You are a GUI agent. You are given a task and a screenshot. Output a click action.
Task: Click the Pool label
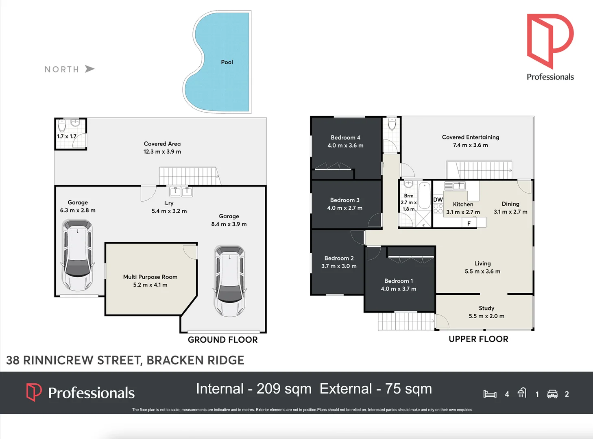coord(227,62)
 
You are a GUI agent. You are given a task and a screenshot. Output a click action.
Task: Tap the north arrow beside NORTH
coord(89,69)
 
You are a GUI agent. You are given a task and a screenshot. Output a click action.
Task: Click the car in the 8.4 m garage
coord(230,280)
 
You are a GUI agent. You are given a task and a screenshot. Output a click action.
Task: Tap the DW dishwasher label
coord(438,200)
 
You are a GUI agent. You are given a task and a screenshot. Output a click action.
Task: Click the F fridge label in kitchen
coord(469,223)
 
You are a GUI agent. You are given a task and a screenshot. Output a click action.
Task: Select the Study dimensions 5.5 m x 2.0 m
coord(486,316)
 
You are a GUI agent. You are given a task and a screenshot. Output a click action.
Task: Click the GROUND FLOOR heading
coord(222,340)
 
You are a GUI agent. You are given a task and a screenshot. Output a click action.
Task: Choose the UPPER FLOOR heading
coord(478,339)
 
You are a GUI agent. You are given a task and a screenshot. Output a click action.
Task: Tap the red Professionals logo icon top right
coord(550,41)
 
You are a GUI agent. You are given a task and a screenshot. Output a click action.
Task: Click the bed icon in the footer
coord(490,394)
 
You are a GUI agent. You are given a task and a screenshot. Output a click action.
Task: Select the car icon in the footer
coord(552,394)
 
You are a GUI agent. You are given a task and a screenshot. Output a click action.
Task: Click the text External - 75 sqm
coord(375,389)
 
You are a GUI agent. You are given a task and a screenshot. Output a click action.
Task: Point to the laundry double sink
coord(181,191)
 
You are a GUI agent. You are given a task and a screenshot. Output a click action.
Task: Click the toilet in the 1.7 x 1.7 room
coord(62,125)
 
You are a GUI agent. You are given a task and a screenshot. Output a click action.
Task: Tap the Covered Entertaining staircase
coord(479,170)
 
